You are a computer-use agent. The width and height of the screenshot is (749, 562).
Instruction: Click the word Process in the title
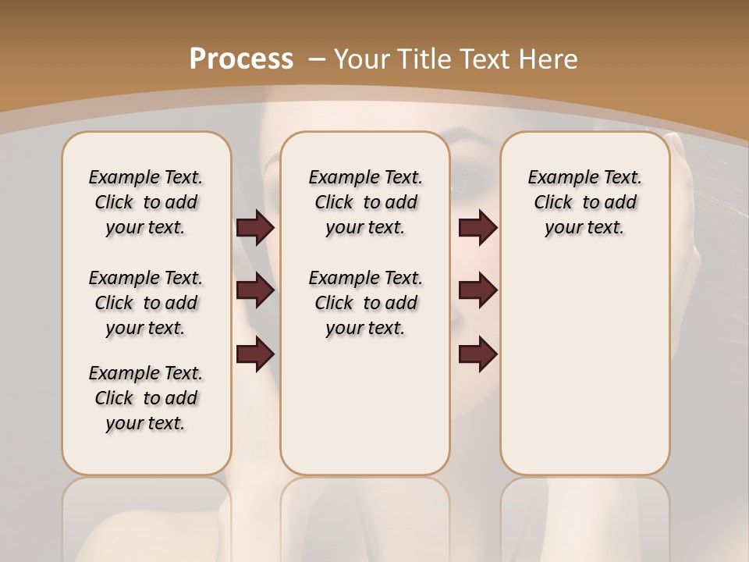point(241,59)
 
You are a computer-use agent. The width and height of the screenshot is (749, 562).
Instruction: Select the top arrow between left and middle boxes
point(255,227)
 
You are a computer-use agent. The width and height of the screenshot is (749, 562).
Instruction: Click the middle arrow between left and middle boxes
point(255,290)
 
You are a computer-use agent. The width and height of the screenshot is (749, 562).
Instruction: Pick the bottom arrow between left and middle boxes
point(255,354)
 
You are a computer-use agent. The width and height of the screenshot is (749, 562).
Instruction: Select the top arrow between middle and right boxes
point(477,227)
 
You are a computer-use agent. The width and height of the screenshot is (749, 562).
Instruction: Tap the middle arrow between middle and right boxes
point(477,290)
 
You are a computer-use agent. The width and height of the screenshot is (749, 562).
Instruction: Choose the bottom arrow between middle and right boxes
point(477,354)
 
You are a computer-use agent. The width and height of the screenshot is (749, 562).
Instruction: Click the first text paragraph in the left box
point(146,202)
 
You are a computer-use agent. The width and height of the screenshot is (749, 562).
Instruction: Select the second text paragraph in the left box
point(146,303)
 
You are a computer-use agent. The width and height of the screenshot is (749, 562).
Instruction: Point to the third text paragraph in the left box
point(146,398)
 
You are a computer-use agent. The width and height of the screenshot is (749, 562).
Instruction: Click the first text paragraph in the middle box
point(365,202)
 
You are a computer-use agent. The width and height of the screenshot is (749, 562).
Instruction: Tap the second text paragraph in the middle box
point(365,303)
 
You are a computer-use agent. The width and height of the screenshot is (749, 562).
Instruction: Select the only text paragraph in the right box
point(584,202)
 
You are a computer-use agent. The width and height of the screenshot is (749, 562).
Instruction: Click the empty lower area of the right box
point(584,367)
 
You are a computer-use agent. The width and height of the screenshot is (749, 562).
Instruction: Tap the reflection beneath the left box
point(146,515)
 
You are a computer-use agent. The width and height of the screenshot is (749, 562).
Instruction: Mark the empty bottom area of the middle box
point(365,414)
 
